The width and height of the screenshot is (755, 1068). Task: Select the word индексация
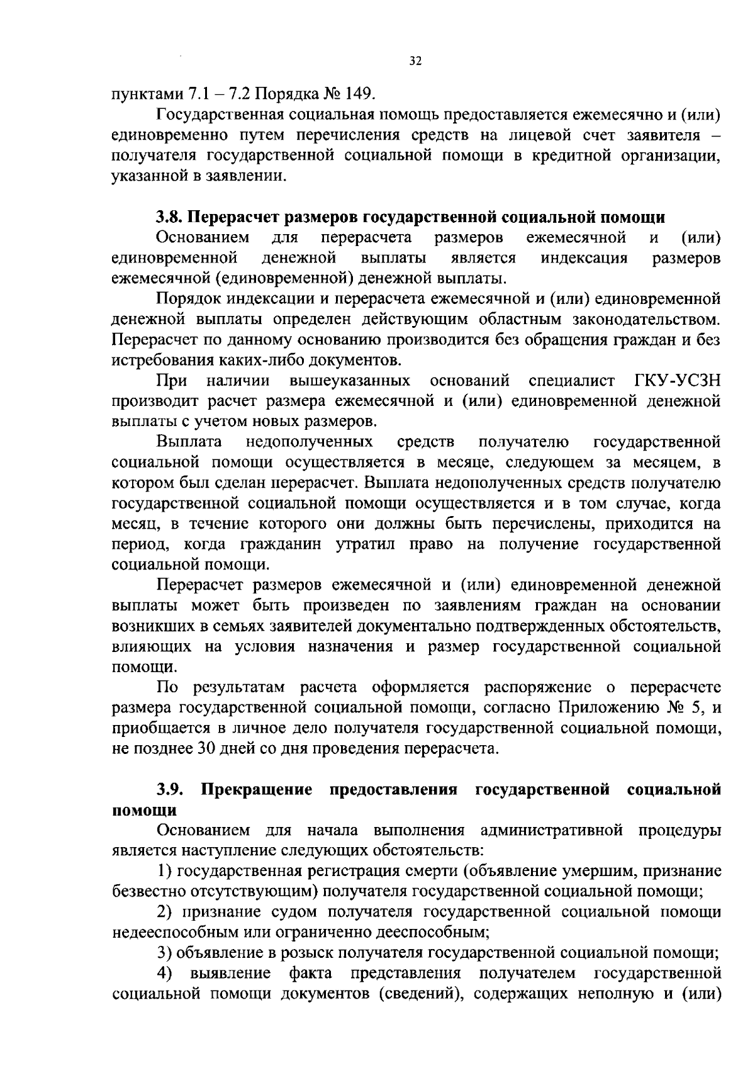click(584, 258)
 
